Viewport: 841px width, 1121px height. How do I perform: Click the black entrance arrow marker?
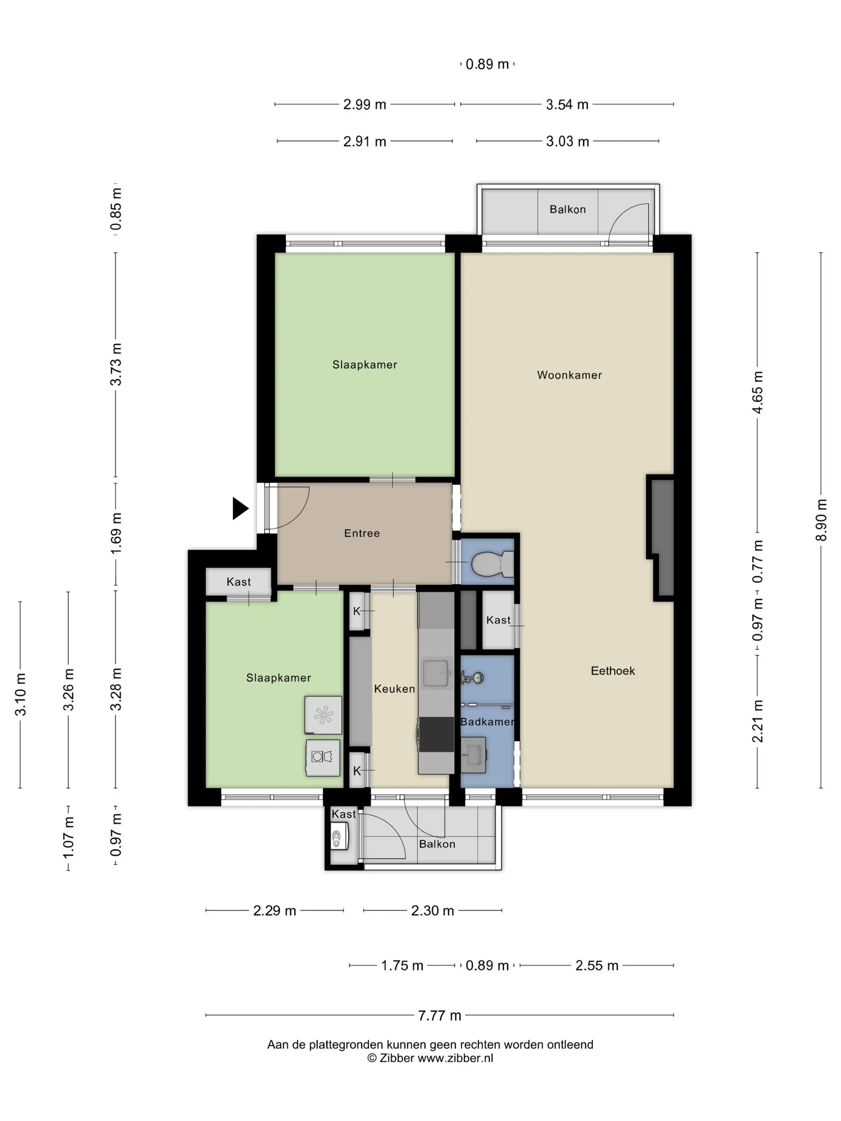click(x=240, y=508)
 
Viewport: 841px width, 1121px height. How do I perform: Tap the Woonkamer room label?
click(x=569, y=376)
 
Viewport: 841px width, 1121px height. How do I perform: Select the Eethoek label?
click(x=612, y=671)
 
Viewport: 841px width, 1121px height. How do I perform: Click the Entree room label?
click(x=362, y=533)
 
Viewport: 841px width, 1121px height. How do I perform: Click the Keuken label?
click(x=394, y=689)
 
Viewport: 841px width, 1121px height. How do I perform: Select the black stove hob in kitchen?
click(x=437, y=735)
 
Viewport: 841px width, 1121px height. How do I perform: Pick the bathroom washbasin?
click(x=473, y=755)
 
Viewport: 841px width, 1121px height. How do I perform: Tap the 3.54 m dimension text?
click(x=567, y=105)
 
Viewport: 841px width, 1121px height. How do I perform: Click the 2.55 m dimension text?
click(x=597, y=965)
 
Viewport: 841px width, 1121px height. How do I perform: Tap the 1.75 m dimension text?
click(x=402, y=965)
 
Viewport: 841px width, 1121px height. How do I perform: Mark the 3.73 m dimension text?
click(x=116, y=364)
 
